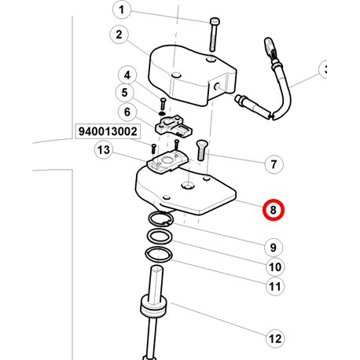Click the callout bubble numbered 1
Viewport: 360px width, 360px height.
point(122,10)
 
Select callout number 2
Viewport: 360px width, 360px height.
point(119,35)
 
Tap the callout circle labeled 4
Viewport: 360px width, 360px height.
point(127,75)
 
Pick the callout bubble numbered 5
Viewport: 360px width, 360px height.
point(125,93)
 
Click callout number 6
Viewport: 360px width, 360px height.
point(127,112)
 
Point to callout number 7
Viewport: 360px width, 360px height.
point(274,164)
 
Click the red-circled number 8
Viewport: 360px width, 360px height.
point(274,210)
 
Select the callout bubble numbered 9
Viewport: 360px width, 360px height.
point(274,247)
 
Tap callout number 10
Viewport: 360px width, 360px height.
point(275,267)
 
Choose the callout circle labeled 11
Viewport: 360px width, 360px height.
point(275,286)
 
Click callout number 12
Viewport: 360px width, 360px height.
point(275,339)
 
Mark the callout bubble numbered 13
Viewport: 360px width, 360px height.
point(104,150)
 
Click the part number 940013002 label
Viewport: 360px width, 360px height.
point(108,131)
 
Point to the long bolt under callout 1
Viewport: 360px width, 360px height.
point(214,34)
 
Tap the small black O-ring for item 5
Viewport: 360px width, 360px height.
point(162,113)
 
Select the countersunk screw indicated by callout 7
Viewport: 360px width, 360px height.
point(201,150)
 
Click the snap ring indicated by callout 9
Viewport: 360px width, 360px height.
point(160,219)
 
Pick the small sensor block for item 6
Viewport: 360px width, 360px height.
point(174,127)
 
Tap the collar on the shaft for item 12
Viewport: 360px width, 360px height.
point(153,307)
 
